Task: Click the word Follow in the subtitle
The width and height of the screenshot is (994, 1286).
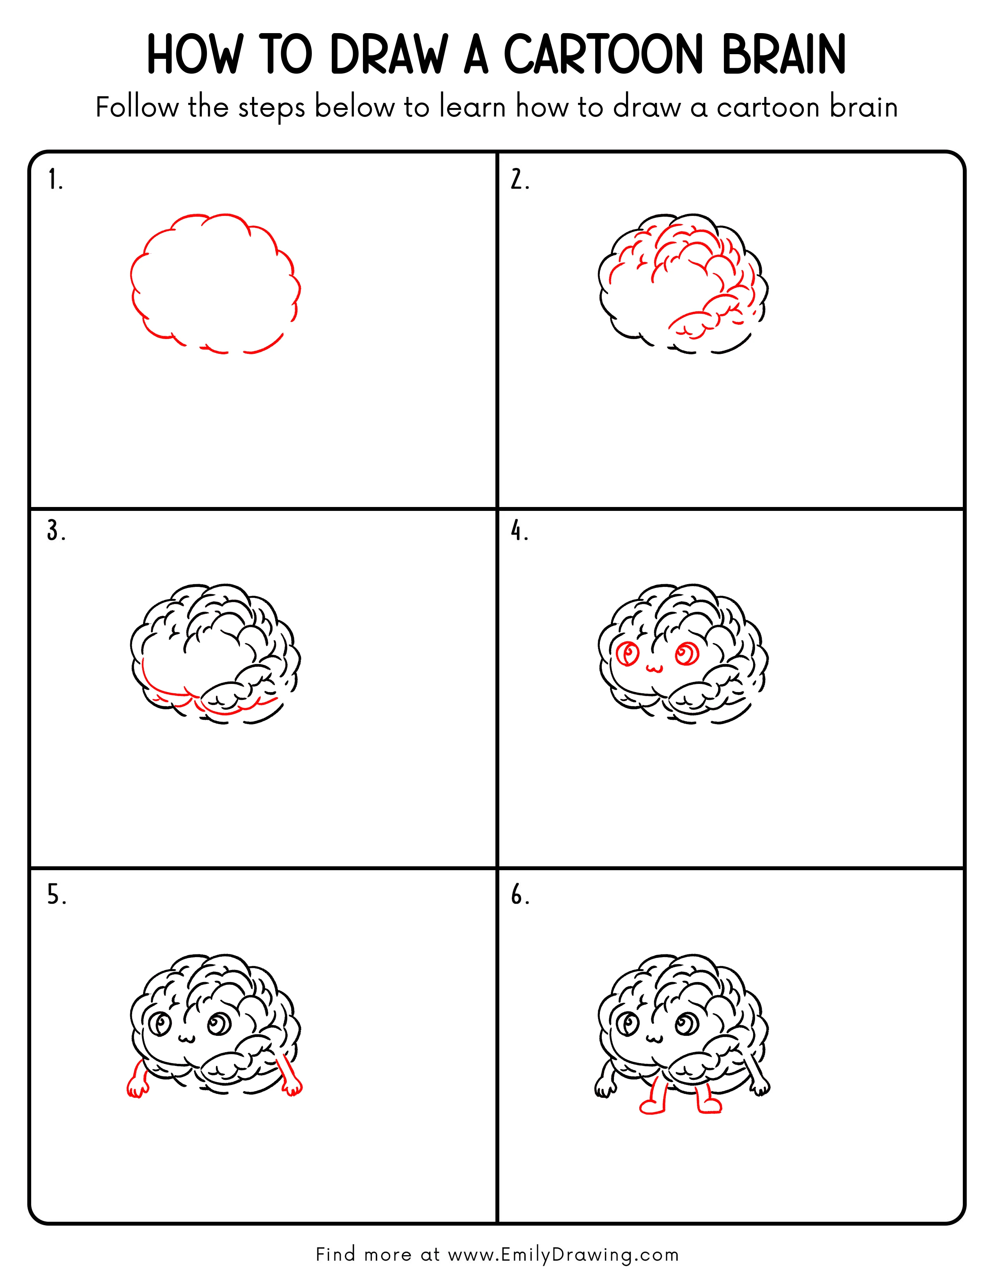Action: click(x=137, y=108)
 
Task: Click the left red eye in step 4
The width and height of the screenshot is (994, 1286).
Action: click(x=628, y=654)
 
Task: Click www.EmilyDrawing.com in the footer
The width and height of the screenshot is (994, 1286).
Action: click(x=563, y=1255)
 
